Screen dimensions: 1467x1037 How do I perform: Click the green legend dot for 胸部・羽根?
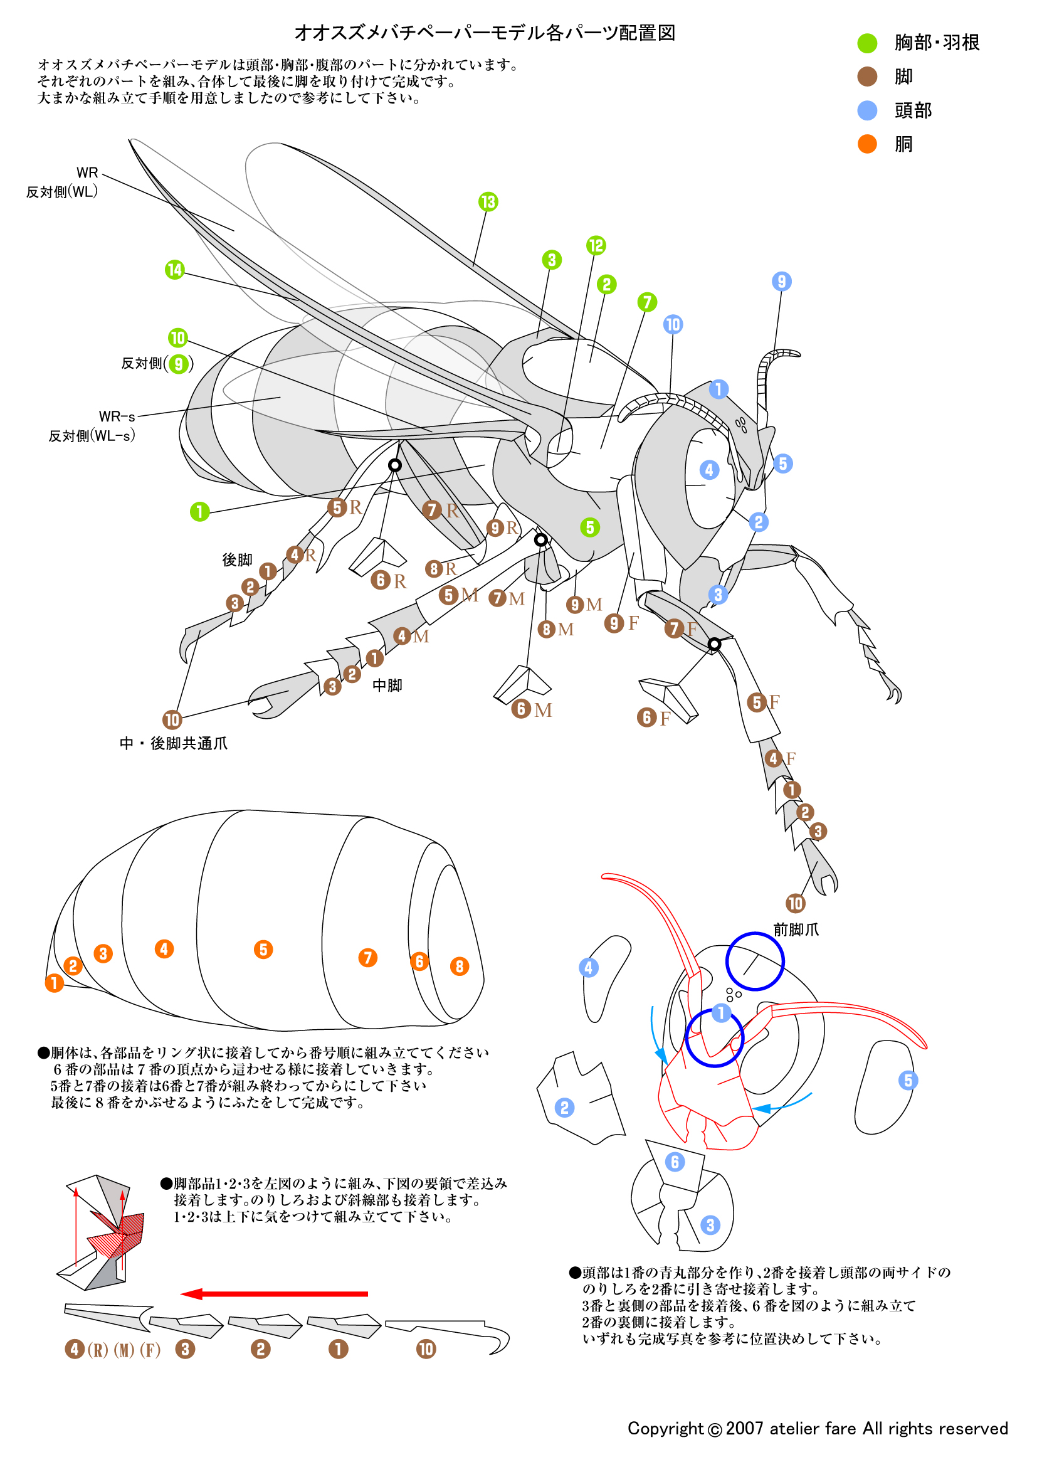(866, 43)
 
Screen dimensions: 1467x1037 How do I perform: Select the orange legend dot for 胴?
(866, 144)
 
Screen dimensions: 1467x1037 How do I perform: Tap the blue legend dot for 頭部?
(866, 110)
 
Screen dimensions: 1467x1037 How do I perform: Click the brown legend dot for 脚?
(866, 77)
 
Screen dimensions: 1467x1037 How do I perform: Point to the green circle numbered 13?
(488, 202)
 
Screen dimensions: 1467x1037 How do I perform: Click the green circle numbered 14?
(174, 270)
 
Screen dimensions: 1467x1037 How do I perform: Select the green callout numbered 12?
(596, 245)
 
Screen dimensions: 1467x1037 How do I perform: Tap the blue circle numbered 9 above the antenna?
(782, 281)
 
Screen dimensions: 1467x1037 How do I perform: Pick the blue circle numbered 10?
(672, 325)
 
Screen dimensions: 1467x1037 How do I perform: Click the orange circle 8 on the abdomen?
(459, 966)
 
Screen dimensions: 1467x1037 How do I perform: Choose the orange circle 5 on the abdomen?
(263, 949)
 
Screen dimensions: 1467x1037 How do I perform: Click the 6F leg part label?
(654, 718)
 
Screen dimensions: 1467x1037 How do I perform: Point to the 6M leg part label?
(531, 709)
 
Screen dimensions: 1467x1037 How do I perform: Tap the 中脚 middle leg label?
(387, 685)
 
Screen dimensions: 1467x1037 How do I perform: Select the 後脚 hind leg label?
(237, 559)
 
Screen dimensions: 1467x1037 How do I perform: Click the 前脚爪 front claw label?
(796, 929)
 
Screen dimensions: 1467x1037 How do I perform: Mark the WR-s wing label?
(117, 416)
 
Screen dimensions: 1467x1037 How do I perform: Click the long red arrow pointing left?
(275, 1294)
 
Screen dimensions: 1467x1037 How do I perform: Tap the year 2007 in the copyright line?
(744, 1428)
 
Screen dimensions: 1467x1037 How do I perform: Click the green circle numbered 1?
(200, 511)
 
